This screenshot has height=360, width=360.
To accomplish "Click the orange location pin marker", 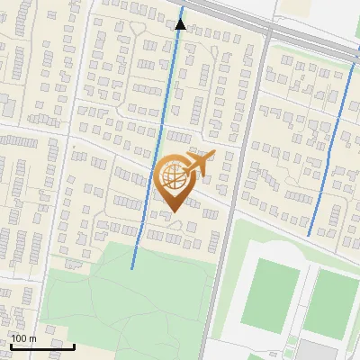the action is (174, 185).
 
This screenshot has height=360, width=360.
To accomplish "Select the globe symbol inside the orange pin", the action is (174, 177).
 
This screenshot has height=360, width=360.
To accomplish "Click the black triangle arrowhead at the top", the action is (181, 24).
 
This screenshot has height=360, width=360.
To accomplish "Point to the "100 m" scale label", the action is (23, 338).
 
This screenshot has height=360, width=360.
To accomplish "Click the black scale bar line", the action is (41, 345).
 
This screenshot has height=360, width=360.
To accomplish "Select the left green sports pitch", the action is (269, 293).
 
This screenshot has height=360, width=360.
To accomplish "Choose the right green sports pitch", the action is (331, 302).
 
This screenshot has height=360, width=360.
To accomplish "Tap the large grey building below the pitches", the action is (320, 351).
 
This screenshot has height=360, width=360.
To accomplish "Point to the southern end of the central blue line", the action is (132, 267).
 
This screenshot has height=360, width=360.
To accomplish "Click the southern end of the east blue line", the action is (309, 236).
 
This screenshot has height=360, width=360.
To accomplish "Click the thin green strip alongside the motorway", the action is (306, 56).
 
